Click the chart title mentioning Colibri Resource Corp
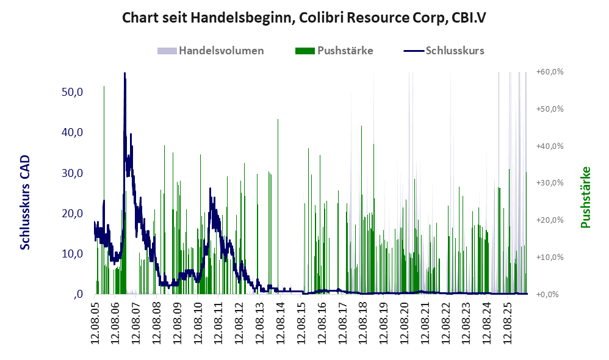pyautogui.click(x=304, y=18)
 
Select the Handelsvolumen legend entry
pyautogui.click(x=211, y=51)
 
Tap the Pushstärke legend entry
pyautogui.click(x=334, y=51)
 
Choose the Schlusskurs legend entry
pyautogui.click(x=444, y=51)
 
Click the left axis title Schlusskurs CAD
pyautogui.click(x=25, y=203)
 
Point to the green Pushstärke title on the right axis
pyautogui.click(x=585, y=197)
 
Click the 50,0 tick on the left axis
pyautogui.click(x=72, y=92)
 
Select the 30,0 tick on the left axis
pyautogui.click(x=72, y=173)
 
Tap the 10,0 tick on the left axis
pyautogui.click(x=72, y=254)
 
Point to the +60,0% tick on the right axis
pyautogui.click(x=550, y=72)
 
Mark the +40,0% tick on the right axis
pyautogui.click(x=550, y=146)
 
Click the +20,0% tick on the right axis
pyautogui.click(x=550, y=220)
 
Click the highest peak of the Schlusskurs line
pyautogui.click(x=124, y=73)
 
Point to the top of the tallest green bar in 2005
pyautogui.click(x=104, y=86)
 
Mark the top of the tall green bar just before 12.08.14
pyautogui.click(x=278, y=119)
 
